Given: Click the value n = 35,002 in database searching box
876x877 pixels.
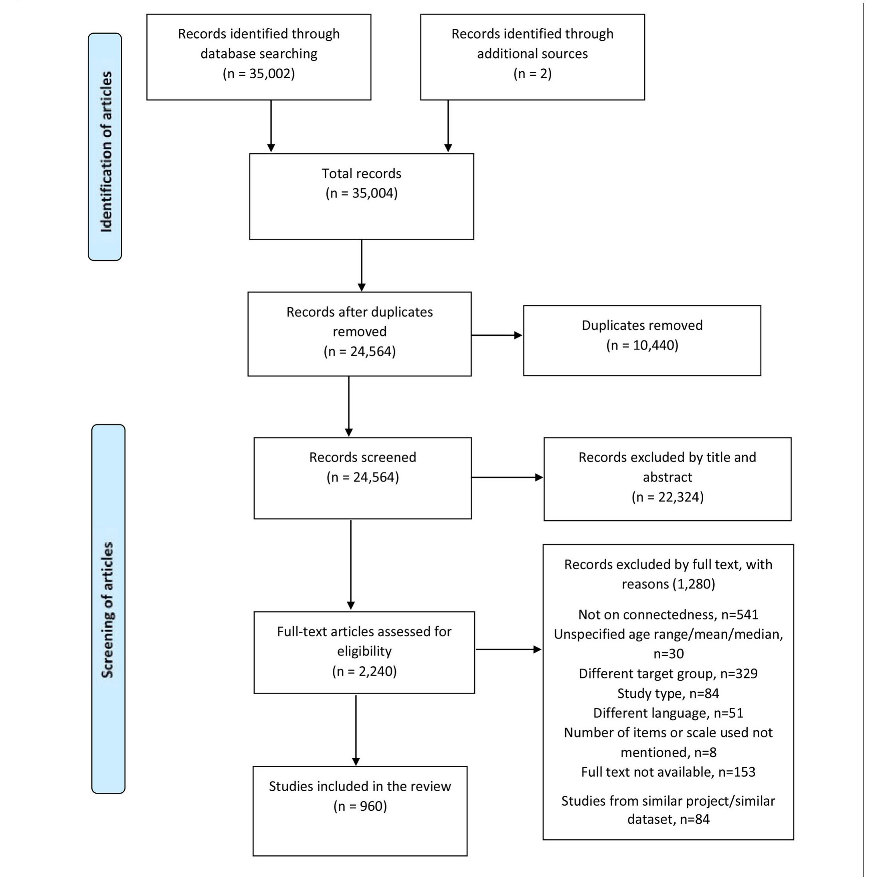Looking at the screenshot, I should pyautogui.click(x=259, y=73).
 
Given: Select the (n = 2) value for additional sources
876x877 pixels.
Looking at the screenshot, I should pyautogui.click(x=532, y=73).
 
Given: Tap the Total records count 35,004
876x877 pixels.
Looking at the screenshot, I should pyautogui.click(x=362, y=193).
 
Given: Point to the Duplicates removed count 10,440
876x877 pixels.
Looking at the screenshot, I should pyautogui.click(x=642, y=345).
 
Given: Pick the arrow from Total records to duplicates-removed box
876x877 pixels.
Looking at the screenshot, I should pyautogui.click(x=362, y=266).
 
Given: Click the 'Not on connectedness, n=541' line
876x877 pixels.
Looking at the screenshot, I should pyautogui.click(x=668, y=615).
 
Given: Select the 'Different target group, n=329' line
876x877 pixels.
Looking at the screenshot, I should pyautogui.click(x=668, y=674).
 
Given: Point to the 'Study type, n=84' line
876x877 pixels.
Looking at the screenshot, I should pyautogui.click(x=668, y=694).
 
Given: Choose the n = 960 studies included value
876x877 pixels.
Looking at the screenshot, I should pyautogui.click(x=360, y=806).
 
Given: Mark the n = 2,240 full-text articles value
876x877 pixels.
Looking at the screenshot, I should pyautogui.click(x=364, y=671).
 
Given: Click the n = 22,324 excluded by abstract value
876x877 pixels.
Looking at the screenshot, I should pyautogui.click(x=667, y=497).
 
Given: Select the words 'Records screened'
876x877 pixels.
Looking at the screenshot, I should pyautogui.click(x=362, y=457).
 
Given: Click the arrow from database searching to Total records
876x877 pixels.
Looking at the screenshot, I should pyautogui.click(x=271, y=126).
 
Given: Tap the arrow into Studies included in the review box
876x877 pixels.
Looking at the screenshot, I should pyautogui.click(x=356, y=731).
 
